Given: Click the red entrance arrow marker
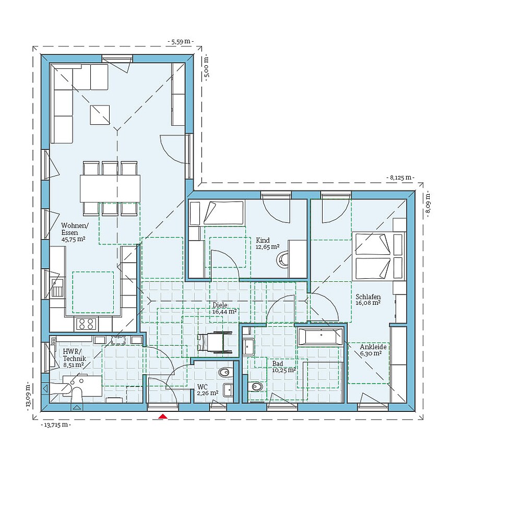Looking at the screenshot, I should coord(163,416).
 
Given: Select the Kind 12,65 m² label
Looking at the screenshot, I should coord(267,244).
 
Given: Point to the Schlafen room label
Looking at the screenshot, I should coord(369,299).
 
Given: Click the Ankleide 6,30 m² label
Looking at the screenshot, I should coord(373,350).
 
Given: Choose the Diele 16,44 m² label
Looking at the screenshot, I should coord(224,308).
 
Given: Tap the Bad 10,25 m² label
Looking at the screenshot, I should coord(283,366).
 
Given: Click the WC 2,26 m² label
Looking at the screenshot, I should coord(207,390).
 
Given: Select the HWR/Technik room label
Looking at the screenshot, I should coord(73,358).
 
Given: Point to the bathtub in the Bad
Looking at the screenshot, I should coord(319,337).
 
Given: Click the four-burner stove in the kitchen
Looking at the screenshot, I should coord(86,324).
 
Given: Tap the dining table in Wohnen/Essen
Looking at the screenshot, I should coord(110,188).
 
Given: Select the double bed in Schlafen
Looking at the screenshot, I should coord(379,256).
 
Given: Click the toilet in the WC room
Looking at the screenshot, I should coord(224,372).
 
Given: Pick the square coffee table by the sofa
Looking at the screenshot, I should coord(100,115).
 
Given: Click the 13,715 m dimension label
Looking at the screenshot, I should coord(55,425).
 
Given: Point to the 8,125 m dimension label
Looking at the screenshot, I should coord(400,177).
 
